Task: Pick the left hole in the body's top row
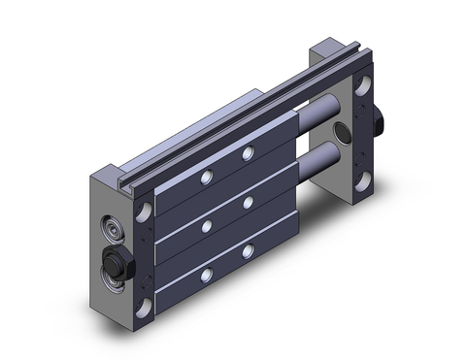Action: click(205, 179)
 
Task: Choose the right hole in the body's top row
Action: click(248, 154)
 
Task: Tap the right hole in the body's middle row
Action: click(249, 201)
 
